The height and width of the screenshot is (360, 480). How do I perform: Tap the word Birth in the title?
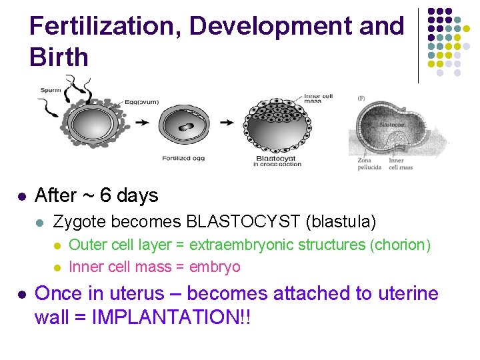click(59, 57)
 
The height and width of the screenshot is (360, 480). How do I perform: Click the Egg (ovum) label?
click(142, 102)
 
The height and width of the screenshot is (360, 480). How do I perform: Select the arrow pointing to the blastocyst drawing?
click(227, 123)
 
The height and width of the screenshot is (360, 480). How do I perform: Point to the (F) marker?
click(361, 98)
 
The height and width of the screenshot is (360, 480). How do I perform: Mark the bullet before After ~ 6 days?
click(21, 197)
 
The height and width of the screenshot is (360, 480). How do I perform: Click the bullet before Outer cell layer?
click(57, 245)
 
